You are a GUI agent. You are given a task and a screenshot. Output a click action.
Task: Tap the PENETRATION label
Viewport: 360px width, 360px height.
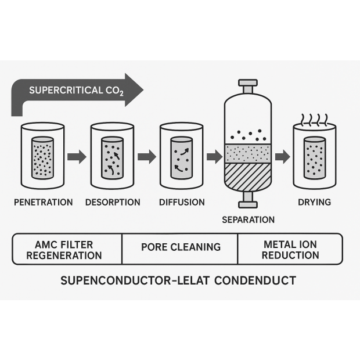tap(42, 203)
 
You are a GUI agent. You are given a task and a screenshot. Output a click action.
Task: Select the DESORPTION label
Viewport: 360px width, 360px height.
tap(113, 203)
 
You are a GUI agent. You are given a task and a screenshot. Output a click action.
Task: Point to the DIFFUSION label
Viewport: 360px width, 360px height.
tap(182, 203)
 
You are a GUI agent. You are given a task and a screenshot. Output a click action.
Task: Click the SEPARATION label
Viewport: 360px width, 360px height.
tap(248, 220)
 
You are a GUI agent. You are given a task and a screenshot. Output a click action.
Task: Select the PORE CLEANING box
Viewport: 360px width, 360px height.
tap(181, 247)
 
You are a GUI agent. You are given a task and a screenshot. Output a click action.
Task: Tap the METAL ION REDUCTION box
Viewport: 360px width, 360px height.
tap(290, 250)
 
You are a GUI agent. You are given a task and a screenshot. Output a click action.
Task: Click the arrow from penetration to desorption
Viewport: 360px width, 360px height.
tap(77, 156)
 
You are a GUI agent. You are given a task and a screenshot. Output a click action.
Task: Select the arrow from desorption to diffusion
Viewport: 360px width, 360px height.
tap(147, 156)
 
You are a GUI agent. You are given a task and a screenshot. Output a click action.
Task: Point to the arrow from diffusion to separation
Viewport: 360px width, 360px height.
tap(214, 156)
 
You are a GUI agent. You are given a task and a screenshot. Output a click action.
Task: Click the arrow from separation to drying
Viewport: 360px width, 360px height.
tap(282, 156)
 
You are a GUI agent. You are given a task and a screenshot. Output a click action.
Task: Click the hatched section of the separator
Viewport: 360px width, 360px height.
tap(248, 177)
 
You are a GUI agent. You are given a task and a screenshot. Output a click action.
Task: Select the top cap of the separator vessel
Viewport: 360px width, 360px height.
tap(248, 84)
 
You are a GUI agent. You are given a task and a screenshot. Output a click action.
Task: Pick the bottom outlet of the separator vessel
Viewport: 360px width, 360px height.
tap(248, 200)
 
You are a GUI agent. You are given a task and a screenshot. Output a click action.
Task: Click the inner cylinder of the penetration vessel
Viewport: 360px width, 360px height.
tap(42, 157)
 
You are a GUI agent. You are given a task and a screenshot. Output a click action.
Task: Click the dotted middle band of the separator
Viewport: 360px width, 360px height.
tap(248, 153)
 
